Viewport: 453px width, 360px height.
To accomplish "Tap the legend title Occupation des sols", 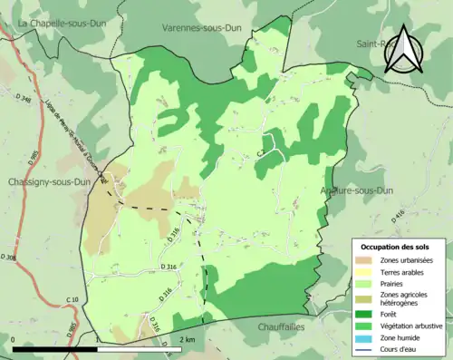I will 401,247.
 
